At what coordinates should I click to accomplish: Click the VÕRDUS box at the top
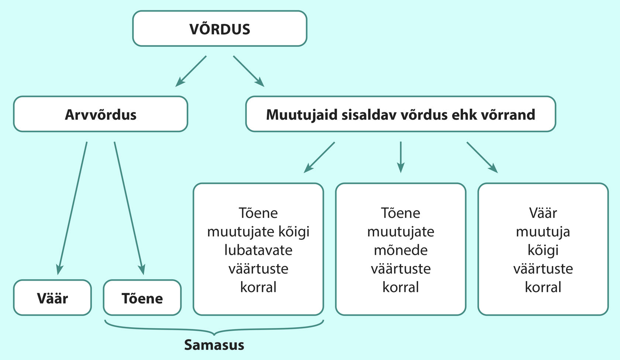point(220,28)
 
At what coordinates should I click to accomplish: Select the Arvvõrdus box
point(101,114)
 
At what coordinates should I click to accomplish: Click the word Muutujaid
point(302,114)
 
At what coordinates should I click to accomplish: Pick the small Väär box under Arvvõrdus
point(52,298)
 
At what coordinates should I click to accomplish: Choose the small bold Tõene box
point(142,298)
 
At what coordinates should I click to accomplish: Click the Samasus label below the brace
point(214,345)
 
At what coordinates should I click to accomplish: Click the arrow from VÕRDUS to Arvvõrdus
point(191,72)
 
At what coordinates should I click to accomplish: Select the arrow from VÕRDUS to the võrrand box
point(249,72)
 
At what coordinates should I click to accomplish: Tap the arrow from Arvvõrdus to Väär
point(72,208)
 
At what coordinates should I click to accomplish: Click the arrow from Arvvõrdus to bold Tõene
point(130,208)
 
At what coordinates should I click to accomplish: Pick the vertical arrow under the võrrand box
point(400,157)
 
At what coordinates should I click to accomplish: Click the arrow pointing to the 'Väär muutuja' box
point(482,157)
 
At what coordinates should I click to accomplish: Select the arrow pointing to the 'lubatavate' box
point(319,157)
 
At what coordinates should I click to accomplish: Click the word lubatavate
point(258,250)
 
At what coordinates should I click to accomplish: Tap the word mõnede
point(400,250)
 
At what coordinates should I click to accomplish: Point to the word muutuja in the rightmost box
point(543,232)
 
